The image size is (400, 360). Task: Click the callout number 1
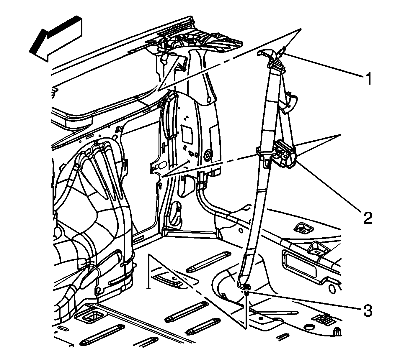point(367,79)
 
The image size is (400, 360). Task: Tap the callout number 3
point(367,311)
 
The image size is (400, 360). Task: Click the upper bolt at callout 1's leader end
point(283,50)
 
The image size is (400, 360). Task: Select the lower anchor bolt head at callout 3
point(246,286)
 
